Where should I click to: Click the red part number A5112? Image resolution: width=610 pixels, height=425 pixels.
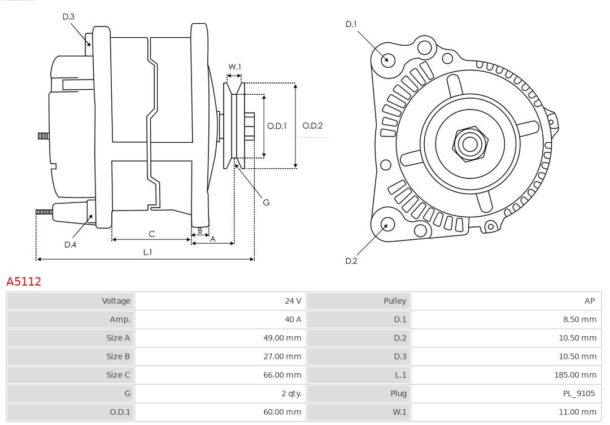pyautogui.click(x=24, y=281)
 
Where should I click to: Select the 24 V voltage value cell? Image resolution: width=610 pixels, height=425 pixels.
pyautogui.click(x=293, y=301)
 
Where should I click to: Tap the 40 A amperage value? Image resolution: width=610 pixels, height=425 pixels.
pyautogui.click(x=293, y=319)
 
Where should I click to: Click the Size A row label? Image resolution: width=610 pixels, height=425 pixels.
pyautogui.click(x=118, y=338)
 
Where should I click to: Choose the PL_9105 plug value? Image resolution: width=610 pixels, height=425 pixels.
pyautogui.click(x=579, y=393)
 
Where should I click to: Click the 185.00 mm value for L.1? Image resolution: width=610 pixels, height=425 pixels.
pyautogui.click(x=575, y=375)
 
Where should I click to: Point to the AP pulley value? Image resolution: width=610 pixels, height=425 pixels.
pyautogui.click(x=589, y=301)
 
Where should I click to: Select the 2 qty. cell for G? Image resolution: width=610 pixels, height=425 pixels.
pyautogui.click(x=291, y=393)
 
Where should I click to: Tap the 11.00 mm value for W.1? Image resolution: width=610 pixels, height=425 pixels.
pyautogui.click(x=577, y=412)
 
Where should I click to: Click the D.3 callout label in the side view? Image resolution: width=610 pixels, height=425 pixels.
pyautogui.click(x=68, y=16)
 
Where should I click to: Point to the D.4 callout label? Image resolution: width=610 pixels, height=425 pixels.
pyautogui.click(x=70, y=244)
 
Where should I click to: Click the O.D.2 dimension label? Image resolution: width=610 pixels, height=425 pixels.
pyautogui.click(x=312, y=126)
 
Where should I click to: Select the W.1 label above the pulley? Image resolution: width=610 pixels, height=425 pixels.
pyautogui.click(x=234, y=67)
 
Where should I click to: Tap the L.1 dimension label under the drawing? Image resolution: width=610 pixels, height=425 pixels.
pyautogui.click(x=147, y=252)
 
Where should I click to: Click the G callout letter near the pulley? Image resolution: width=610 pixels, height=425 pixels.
pyautogui.click(x=266, y=202)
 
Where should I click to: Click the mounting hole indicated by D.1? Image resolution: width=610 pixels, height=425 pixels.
pyautogui.click(x=387, y=59)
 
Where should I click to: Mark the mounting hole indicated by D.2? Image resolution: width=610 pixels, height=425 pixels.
pyautogui.click(x=387, y=225)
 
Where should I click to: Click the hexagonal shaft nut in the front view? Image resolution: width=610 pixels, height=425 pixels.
pyautogui.click(x=469, y=143)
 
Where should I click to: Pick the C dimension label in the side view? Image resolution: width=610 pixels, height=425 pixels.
pyautogui.click(x=151, y=234)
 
